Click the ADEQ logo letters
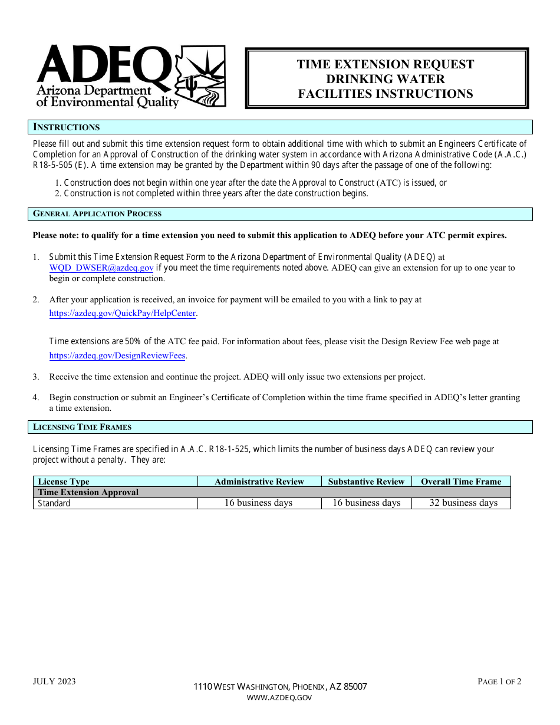coord(103,65)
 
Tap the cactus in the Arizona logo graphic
coord(190,85)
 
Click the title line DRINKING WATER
coord(386,79)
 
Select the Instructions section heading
coord(67,127)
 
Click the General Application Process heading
coord(97,214)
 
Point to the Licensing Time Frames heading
coord(82,427)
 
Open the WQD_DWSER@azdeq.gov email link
coord(101,268)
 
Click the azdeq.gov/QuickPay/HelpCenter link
coord(123,314)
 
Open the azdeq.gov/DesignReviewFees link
coord(117,355)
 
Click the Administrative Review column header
coord(259,482)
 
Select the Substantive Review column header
coord(366,482)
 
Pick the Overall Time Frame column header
coord(461,482)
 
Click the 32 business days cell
coord(463,503)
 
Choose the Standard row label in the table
coord(54,503)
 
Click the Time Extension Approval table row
coord(88,492)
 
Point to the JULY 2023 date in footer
coord(54,681)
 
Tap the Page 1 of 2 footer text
coord(499,681)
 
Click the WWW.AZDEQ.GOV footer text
coord(279,698)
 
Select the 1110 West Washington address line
coord(280,687)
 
